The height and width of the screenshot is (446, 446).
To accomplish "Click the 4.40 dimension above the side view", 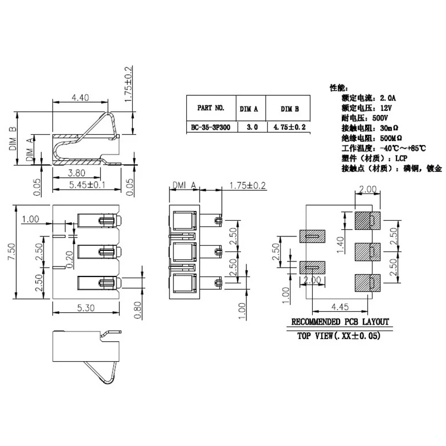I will point(80,98).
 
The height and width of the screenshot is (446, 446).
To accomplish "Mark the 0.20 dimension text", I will point(70,259).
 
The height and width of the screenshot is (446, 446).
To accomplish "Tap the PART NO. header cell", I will point(211,108).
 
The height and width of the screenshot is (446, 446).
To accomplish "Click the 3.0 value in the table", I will point(251,127).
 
